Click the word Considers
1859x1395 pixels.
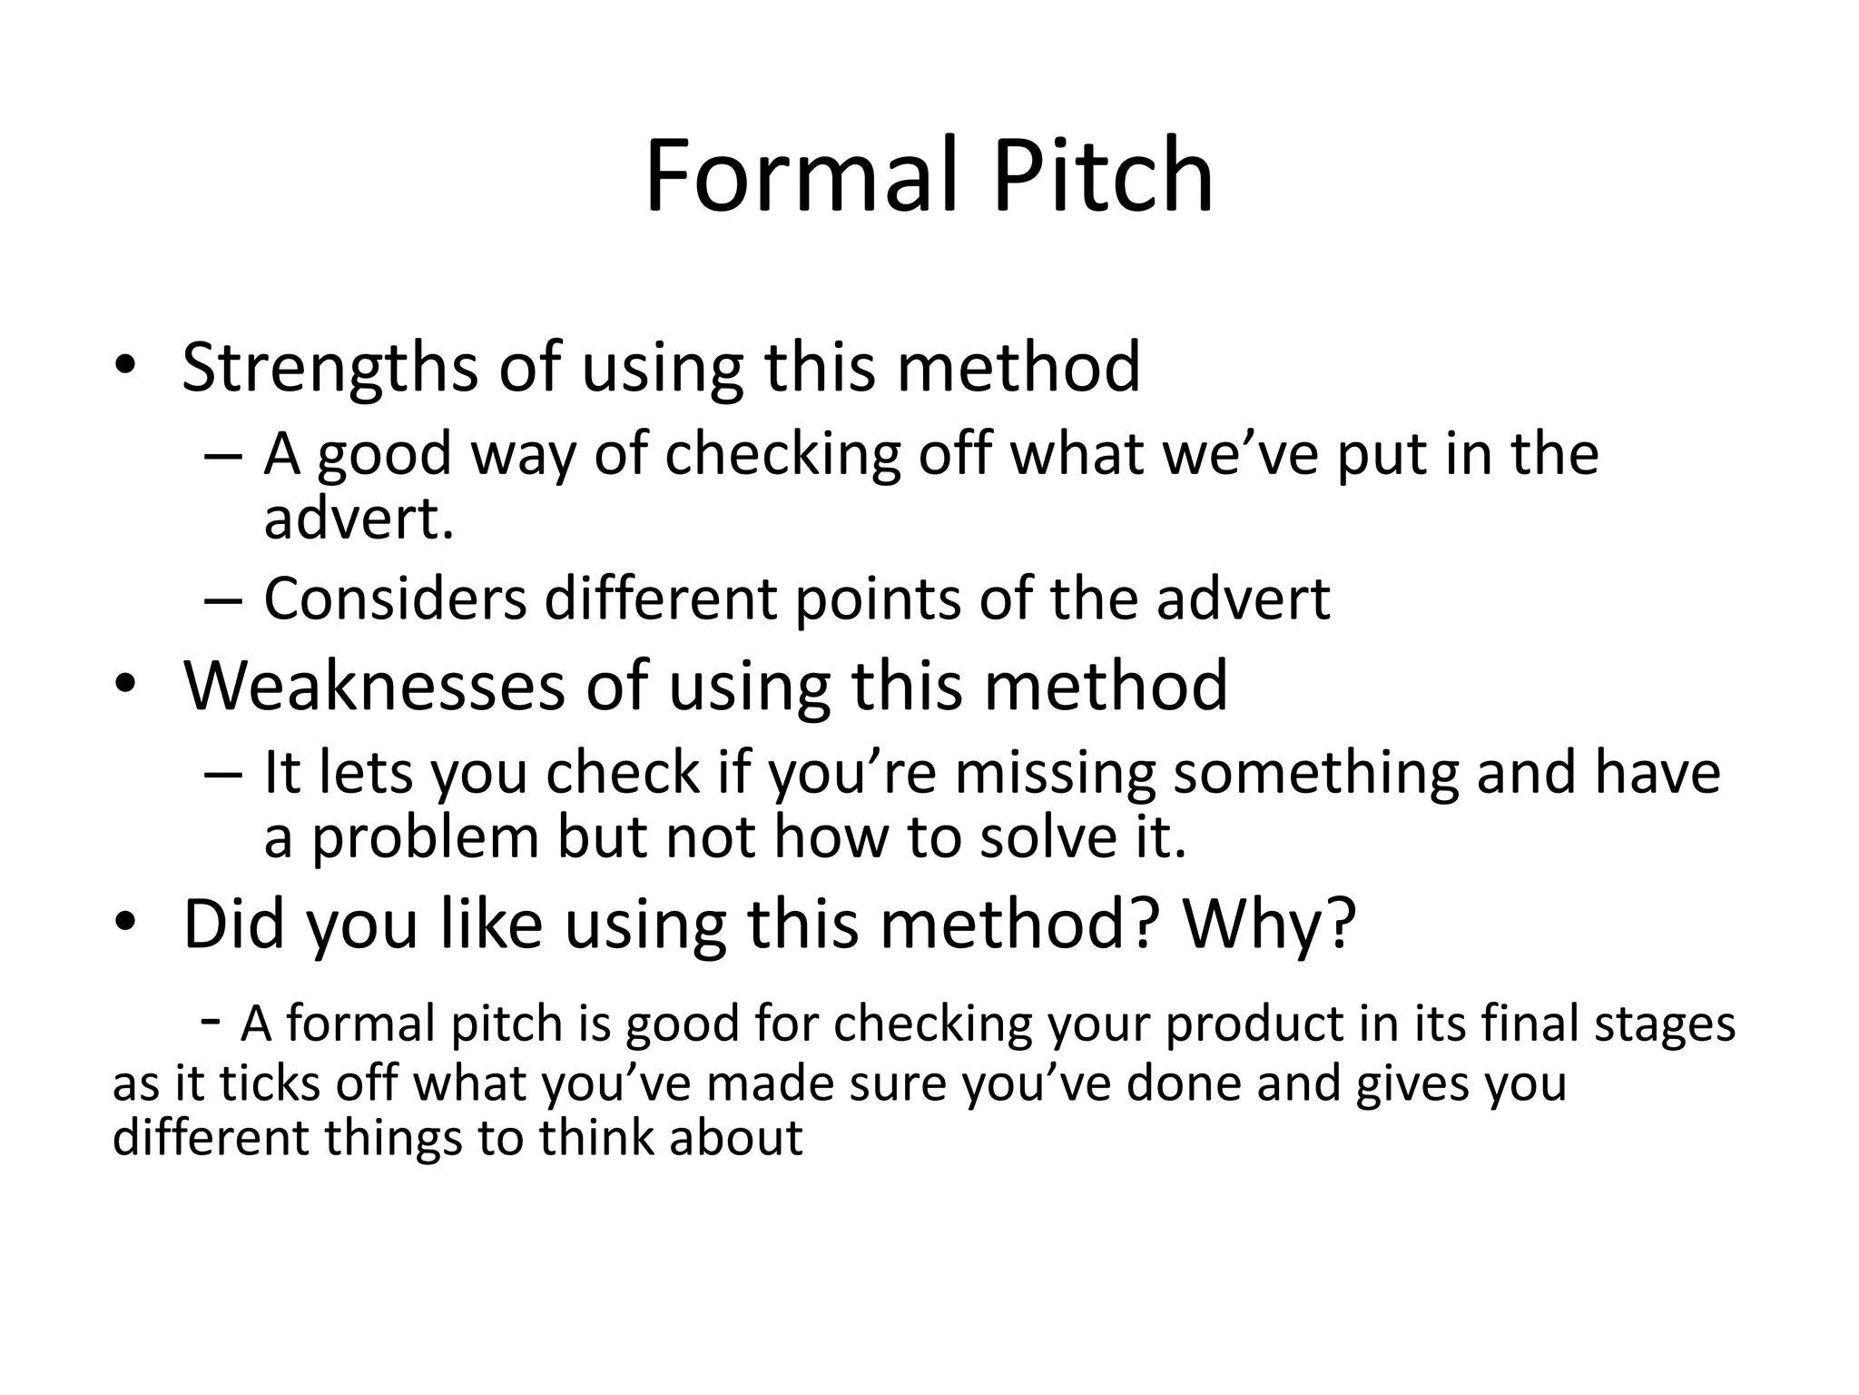[x=395, y=599]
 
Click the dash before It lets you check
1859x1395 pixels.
[x=222, y=775]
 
